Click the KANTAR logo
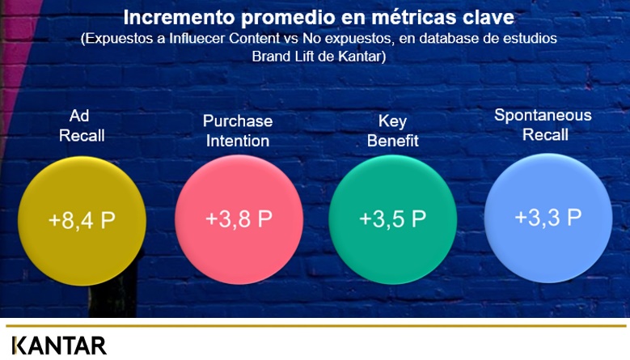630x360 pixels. click(x=59, y=345)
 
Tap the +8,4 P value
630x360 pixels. click(x=82, y=220)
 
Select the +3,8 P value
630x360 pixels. click(x=239, y=218)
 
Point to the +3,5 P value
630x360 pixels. click(x=392, y=218)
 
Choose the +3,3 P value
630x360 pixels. click(x=548, y=217)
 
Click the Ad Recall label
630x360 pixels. click(x=82, y=125)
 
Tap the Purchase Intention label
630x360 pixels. click(x=238, y=131)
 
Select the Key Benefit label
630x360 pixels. click(x=392, y=131)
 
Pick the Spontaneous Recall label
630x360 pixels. click(x=543, y=125)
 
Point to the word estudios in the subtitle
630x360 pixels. click(x=532, y=39)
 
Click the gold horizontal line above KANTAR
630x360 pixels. click(x=315, y=326)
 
